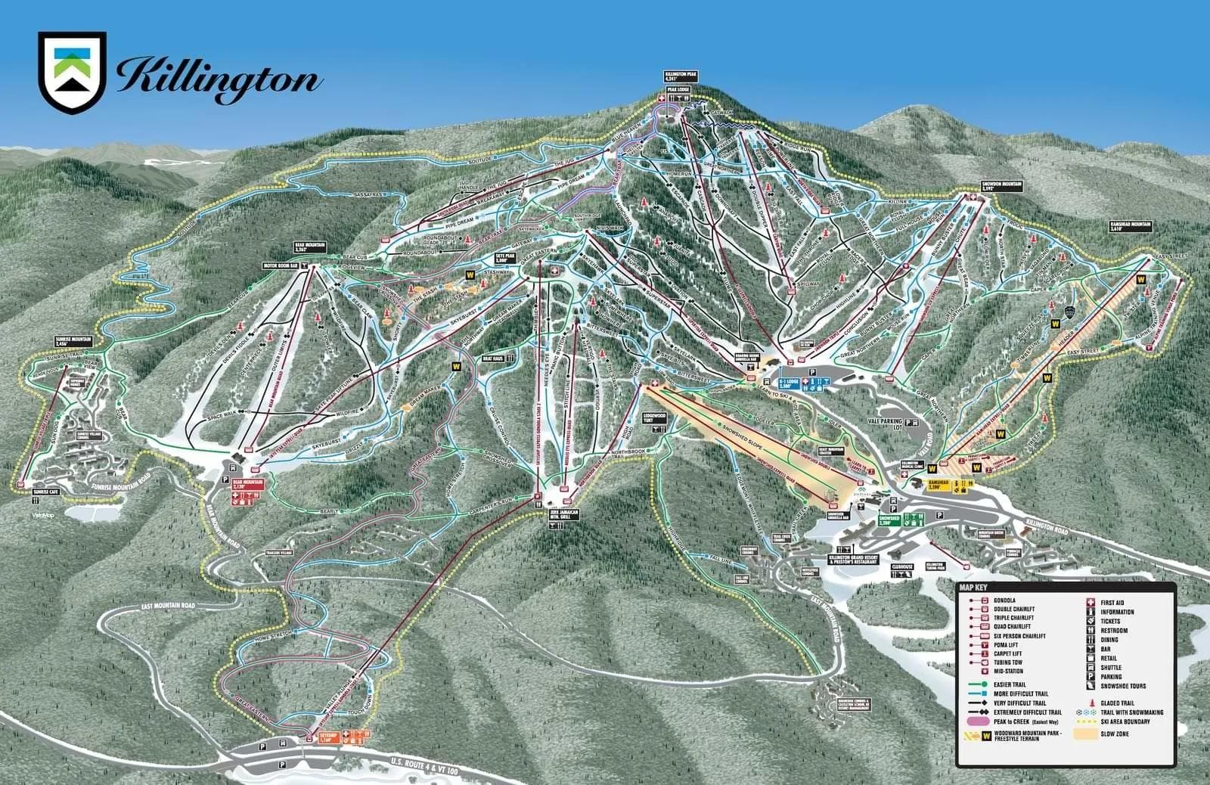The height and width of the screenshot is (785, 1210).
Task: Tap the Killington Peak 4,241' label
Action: (675, 76)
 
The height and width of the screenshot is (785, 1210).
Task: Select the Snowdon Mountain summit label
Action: (976, 187)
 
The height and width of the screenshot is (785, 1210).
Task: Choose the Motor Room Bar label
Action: (278, 266)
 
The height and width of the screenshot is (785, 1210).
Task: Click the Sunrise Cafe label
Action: (45, 492)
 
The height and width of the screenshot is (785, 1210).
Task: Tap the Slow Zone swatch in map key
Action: (1090, 734)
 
